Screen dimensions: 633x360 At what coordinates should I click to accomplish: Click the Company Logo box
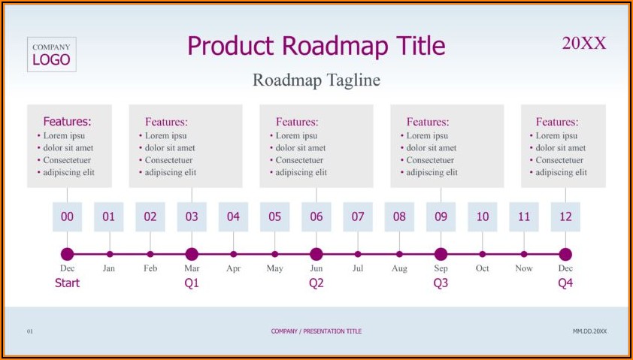(52, 54)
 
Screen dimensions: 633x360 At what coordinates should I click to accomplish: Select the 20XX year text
(584, 43)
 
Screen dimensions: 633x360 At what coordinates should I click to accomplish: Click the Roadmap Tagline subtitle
(316, 80)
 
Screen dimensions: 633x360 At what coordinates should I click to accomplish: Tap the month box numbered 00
(67, 216)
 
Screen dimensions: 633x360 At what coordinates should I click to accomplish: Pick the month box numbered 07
(358, 216)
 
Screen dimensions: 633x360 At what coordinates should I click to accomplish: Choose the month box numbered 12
(565, 216)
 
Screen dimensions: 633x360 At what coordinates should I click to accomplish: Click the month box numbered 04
(233, 216)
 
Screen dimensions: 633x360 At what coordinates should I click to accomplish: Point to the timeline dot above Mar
(192, 254)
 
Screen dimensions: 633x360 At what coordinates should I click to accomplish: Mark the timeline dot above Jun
(316, 254)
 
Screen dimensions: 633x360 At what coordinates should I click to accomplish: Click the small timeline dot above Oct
(483, 254)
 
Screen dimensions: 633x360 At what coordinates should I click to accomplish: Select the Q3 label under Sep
(441, 283)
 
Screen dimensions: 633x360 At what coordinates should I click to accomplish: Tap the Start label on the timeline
(67, 283)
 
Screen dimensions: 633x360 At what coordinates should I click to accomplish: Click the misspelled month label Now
(523, 268)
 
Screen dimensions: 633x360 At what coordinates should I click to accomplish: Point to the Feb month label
(150, 268)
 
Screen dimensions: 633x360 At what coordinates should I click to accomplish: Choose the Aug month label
(399, 269)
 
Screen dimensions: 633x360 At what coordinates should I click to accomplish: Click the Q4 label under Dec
(565, 283)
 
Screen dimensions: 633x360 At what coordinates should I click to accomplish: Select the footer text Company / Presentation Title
(316, 331)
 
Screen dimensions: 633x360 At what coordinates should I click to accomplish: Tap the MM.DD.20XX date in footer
(589, 331)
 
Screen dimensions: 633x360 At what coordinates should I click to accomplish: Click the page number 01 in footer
(30, 331)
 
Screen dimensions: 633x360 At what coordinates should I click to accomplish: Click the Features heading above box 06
(297, 122)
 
